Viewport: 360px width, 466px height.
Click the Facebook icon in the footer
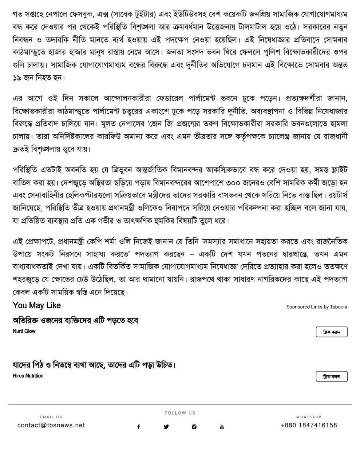click(138, 427)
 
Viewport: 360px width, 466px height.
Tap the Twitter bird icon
click(166, 427)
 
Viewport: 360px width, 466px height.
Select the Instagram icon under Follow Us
click(194, 427)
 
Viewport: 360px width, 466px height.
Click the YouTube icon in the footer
click(222, 427)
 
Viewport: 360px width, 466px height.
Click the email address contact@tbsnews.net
click(51, 425)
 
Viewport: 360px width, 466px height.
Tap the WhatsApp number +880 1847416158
click(309, 425)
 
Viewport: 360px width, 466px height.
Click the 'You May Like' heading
click(37, 305)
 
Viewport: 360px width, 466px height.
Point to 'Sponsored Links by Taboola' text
click(317, 307)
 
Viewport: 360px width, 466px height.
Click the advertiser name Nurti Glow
click(24, 331)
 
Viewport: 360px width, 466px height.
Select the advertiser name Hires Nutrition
click(28, 376)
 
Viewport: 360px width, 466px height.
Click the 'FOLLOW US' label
click(180, 413)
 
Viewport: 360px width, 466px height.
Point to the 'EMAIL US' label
click(51, 417)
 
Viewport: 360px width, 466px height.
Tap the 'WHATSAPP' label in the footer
click(309, 417)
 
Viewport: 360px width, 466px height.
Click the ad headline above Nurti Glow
click(76, 321)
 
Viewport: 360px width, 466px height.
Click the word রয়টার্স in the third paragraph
click(336, 195)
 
